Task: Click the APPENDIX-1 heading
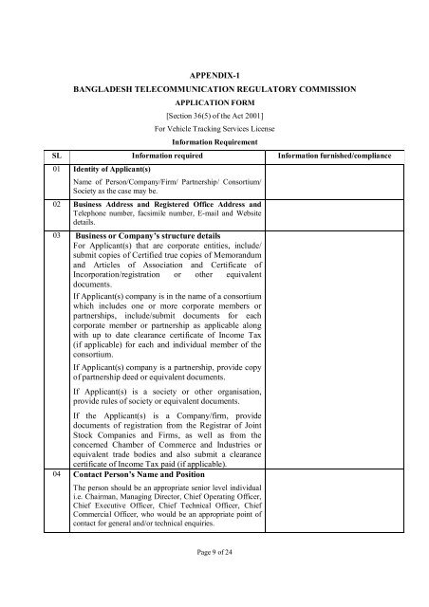[x=214, y=72]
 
